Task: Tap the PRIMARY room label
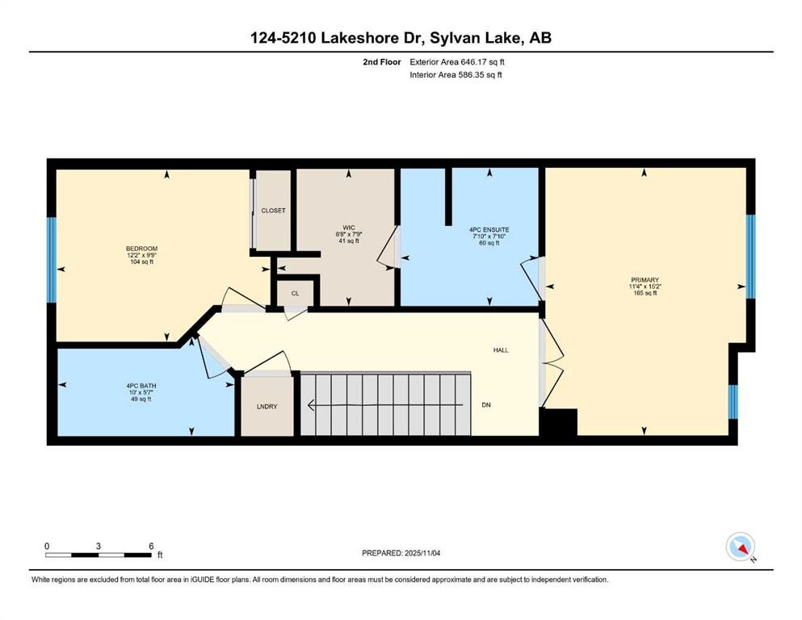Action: (645, 279)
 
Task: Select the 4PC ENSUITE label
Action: (489, 229)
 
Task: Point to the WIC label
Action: (349, 228)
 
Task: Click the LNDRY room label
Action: (267, 406)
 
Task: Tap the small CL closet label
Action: (295, 293)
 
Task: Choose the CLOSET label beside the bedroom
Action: (273, 211)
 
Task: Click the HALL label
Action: (501, 350)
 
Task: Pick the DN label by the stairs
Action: (486, 404)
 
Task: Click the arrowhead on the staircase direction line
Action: (310, 404)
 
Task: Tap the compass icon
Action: (740, 547)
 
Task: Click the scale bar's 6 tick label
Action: (151, 546)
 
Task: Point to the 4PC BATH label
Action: (141, 386)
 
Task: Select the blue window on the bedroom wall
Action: (51, 260)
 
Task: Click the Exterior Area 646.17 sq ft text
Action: (457, 62)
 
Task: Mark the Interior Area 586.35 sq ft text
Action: (456, 74)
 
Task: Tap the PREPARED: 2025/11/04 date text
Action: (401, 553)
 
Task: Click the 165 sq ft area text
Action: (645, 293)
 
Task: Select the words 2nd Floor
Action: (381, 62)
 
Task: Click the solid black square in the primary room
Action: (560, 422)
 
